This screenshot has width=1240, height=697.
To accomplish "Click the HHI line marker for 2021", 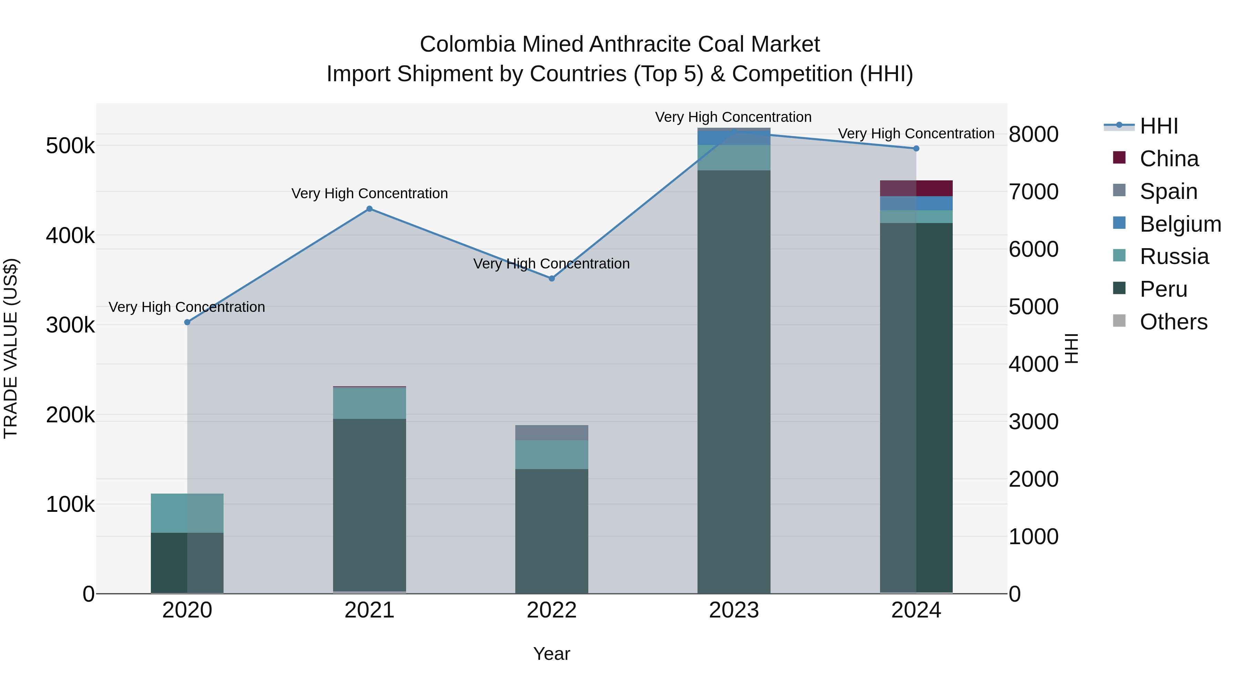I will [369, 209].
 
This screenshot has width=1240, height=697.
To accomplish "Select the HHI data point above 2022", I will [552, 278].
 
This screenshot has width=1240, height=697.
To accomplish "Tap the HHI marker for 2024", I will [916, 149].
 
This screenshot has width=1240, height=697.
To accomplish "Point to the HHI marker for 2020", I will [187, 322].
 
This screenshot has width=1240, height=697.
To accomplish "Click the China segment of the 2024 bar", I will [916, 188].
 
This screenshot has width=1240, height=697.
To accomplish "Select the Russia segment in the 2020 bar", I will [187, 513].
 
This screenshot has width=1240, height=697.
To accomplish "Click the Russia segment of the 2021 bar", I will [369, 403].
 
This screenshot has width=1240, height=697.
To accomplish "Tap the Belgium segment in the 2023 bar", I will [734, 138].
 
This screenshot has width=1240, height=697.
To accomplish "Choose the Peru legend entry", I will [1163, 289].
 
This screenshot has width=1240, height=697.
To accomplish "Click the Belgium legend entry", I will [1180, 224].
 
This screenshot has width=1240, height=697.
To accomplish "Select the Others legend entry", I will [1173, 322].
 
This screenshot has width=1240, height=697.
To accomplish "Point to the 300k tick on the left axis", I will [70, 325].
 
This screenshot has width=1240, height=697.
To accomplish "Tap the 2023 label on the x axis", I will [734, 610].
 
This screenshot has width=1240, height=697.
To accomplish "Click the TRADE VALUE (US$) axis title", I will [11, 348].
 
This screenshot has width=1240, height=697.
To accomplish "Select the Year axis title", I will [552, 654].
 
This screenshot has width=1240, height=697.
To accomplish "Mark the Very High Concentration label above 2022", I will [552, 264].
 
